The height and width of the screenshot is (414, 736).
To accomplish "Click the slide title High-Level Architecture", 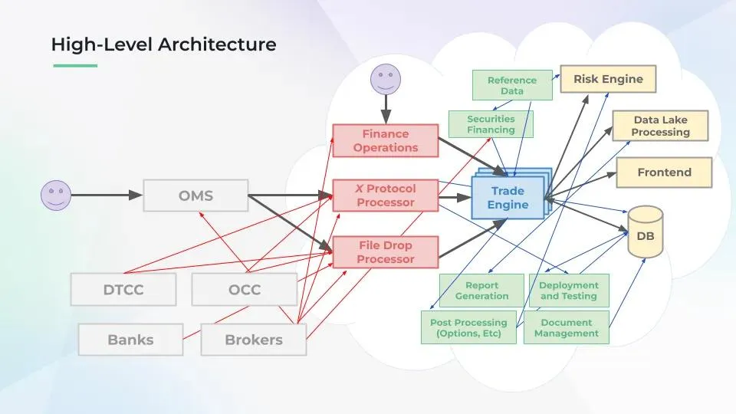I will click(163, 44).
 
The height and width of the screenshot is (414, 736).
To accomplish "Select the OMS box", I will click(195, 195).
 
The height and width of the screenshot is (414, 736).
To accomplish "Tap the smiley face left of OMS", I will click(55, 195).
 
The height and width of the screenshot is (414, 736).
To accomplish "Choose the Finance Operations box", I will click(385, 141).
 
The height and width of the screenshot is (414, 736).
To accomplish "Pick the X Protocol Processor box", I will click(385, 195).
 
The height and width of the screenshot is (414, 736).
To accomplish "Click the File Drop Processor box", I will click(385, 252).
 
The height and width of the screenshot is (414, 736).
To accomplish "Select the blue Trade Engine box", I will click(508, 198).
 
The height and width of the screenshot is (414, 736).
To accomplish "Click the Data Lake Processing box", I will click(660, 126).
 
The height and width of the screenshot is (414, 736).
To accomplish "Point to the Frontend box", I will click(664, 172).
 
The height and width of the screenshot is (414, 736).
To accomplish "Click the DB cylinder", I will click(645, 232).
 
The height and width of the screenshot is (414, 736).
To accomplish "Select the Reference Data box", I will click(512, 85).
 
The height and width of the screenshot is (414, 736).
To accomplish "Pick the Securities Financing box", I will click(491, 124).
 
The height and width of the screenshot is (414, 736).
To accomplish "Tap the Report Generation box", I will click(481, 291).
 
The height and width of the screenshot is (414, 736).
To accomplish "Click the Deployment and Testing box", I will click(568, 291).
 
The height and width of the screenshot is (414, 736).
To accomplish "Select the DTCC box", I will click(123, 290).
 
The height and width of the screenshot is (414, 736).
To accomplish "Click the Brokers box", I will click(253, 340).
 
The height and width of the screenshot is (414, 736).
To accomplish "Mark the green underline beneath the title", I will click(75, 65).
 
